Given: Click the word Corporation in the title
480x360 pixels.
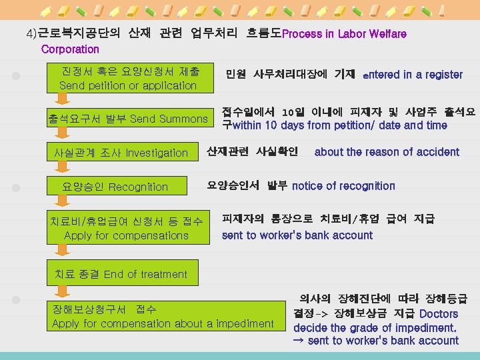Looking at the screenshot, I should tap(70, 49).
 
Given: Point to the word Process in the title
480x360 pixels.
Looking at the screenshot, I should tap(302, 33).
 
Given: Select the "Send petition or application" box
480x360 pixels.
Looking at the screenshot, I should tap(128, 78).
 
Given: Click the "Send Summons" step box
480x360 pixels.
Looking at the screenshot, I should tap(128, 119).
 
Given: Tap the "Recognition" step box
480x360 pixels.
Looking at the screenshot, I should tap(115, 187).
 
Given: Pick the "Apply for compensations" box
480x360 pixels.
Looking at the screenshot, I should tap(127, 228).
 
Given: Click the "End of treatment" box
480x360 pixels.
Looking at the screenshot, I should tap(121, 274).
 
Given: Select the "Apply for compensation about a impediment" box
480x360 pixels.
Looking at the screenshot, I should tap(163, 317).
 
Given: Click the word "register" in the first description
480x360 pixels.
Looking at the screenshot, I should tap(442, 75).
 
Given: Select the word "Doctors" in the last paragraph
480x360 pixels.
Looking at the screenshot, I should tap(439, 314).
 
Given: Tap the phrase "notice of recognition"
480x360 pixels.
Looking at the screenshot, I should tap(343, 186).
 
